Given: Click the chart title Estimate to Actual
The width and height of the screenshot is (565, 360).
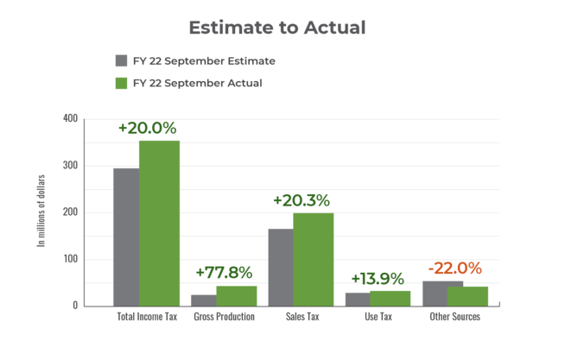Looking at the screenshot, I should (x=277, y=28).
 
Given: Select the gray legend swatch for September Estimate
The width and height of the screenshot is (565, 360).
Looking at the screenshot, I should (x=121, y=61).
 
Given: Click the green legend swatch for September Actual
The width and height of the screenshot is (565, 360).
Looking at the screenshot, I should (x=121, y=83).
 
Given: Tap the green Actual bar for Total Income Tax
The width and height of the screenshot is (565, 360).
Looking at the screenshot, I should (x=159, y=223).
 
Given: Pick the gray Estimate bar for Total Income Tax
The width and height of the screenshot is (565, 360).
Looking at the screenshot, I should (x=126, y=237).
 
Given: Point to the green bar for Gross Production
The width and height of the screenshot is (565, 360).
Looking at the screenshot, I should (x=237, y=295).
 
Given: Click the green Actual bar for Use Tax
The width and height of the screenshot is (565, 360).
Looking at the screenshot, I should (x=390, y=298).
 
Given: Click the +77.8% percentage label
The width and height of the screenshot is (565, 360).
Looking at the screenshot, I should (x=223, y=272).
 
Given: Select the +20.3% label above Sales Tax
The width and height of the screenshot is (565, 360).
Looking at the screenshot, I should (x=301, y=200).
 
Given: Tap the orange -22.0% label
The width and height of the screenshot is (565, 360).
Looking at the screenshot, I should (x=454, y=268).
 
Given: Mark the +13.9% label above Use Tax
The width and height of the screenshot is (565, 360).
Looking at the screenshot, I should (x=378, y=279).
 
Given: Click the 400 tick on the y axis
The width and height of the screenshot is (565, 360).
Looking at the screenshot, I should (x=69, y=118).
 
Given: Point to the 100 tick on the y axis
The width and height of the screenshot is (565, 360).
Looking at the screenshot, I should (x=69, y=259).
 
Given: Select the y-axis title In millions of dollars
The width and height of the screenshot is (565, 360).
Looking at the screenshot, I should (x=41, y=212).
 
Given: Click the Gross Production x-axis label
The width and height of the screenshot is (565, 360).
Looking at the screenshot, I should (x=223, y=317).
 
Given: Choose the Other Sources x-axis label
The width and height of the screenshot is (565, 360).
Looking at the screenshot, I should (x=454, y=317).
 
